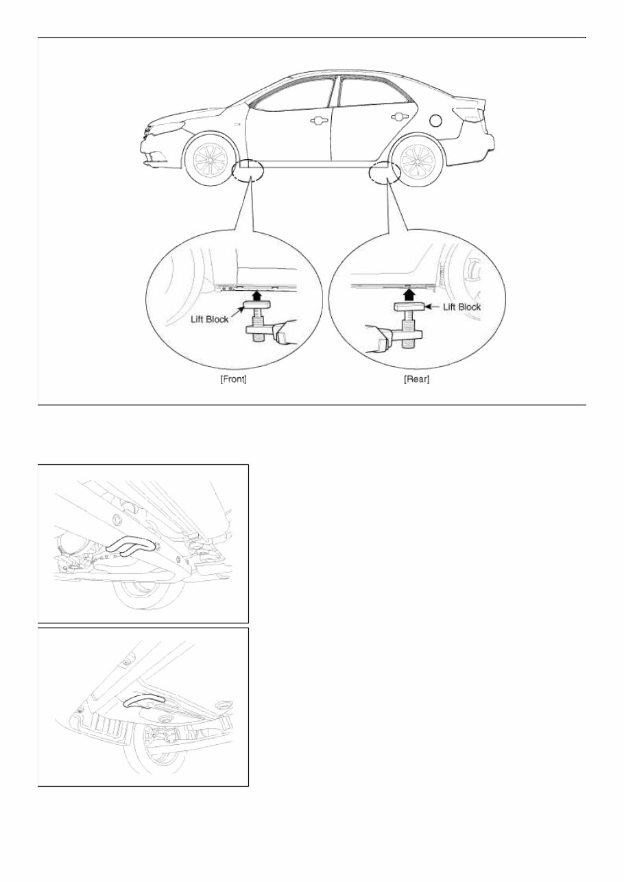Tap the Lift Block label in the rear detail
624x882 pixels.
[x=461, y=307]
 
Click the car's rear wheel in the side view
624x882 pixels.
[x=417, y=162]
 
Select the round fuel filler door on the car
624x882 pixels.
[x=435, y=121]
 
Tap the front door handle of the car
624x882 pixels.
[x=317, y=121]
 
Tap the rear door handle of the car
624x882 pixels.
[x=396, y=117]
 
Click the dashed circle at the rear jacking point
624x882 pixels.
[x=383, y=173]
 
